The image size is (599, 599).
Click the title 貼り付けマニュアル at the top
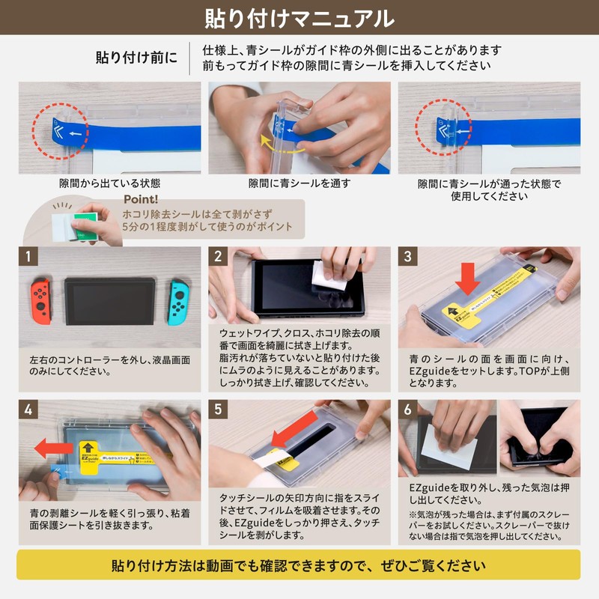tap(299, 16)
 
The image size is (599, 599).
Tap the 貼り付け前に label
tap(136, 58)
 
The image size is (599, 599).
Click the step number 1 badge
tap(28, 257)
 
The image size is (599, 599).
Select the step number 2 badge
tap(218, 257)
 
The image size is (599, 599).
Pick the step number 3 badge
tap(408, 257)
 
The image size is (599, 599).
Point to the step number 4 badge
tap(28, 410)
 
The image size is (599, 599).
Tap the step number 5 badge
tap(218, 410)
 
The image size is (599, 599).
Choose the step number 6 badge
tap(408, 410)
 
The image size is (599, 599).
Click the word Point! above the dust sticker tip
tap(140, 200)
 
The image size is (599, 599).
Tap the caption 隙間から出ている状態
tap(109, 183)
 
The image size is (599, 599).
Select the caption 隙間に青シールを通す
tap(299, 183)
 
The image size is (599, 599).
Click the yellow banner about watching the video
tap(299, 565)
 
